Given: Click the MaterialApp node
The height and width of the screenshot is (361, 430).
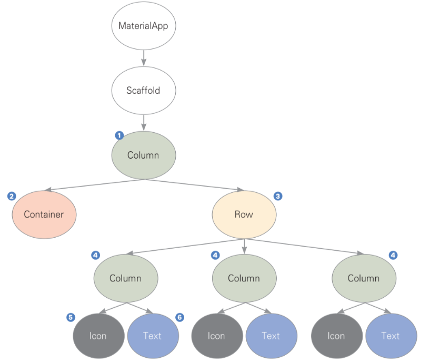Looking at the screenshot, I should click(143, 25).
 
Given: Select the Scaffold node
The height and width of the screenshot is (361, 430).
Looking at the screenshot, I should click(143, 90).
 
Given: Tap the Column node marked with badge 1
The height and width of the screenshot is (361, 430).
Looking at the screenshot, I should click(143, 155).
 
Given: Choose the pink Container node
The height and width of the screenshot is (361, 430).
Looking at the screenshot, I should click(44, 214).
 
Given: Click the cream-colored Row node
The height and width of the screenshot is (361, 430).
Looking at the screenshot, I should click(244, 214).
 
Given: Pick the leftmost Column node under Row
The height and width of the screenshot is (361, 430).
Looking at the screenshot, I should click(125, 278).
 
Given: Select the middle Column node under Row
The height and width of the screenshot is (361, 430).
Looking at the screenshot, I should click(244, 278).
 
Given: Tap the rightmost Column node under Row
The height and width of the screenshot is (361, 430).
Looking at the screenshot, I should click(363, 278).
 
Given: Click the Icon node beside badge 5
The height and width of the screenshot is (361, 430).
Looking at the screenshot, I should click(98, 336).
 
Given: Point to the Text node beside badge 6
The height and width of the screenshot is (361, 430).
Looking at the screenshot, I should click(153, 336).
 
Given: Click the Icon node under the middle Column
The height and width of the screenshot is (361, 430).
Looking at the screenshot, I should click(216, 336).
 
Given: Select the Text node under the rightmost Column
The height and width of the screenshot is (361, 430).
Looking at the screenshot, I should click(391, 336).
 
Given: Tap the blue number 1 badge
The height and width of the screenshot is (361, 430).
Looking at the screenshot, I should click(119, 135).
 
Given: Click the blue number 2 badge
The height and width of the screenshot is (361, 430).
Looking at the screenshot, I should click(12, 196).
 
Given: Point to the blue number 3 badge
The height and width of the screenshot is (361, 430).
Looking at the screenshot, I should click(278, 196).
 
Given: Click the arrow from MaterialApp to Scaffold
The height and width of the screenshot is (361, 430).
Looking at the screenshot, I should click(143, 57).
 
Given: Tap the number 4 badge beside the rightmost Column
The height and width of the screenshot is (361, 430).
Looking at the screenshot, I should click(393, 255).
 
